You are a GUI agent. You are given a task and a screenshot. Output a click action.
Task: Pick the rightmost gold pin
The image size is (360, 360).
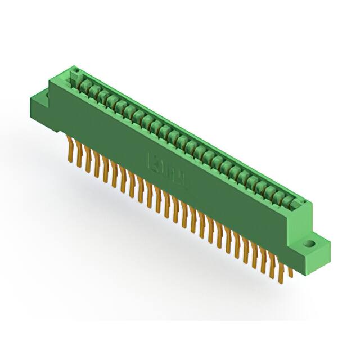tap(290, 272)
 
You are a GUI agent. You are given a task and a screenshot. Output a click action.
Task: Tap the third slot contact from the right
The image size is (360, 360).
tap(271, 191)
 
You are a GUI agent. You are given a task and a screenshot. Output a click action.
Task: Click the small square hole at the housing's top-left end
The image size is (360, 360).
tap(74, 70)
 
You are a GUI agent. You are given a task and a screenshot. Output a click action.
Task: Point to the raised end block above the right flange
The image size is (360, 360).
tap(301, 217)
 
